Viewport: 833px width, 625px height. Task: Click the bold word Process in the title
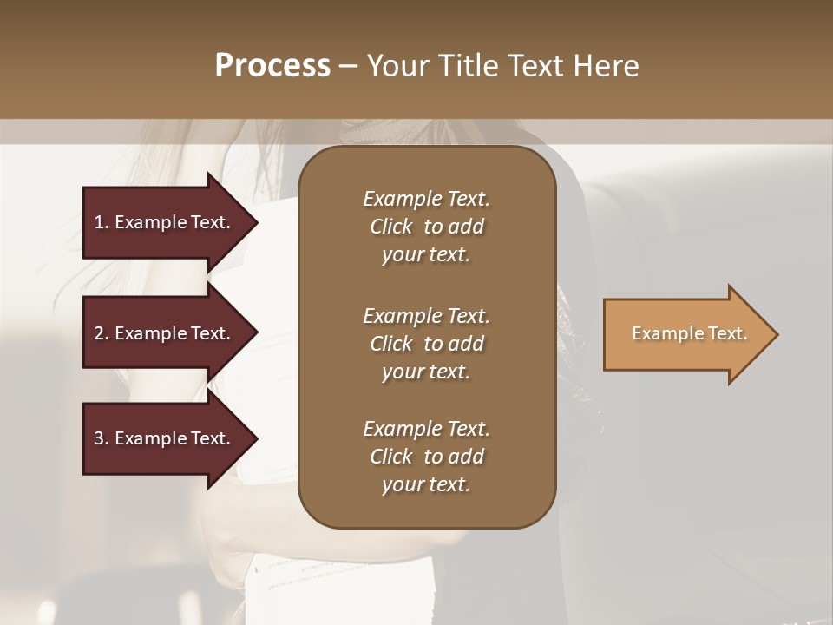(x=272, y=66)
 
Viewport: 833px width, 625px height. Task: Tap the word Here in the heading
(x=605, y=66)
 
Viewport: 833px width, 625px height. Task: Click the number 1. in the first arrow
(x=102, y=222)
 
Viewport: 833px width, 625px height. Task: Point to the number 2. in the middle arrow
(x=102, y=333)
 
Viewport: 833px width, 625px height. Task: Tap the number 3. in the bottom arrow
(x=102, y=438)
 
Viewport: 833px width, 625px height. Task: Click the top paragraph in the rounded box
(x=426, y=227)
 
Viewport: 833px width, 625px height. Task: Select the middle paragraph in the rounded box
(x=426, y=343)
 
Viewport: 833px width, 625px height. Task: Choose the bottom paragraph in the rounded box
(x=426, y=457)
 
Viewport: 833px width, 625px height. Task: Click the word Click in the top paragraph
(x=390, y=227)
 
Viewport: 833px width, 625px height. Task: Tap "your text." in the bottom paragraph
(x=426, y=485)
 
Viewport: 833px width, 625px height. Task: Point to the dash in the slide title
(x=348, y=66)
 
